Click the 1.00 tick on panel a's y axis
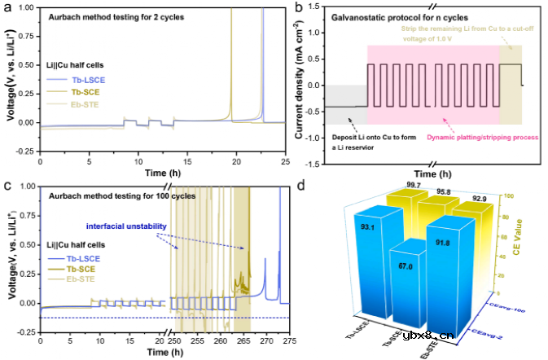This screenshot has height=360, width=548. click(27, 7)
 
